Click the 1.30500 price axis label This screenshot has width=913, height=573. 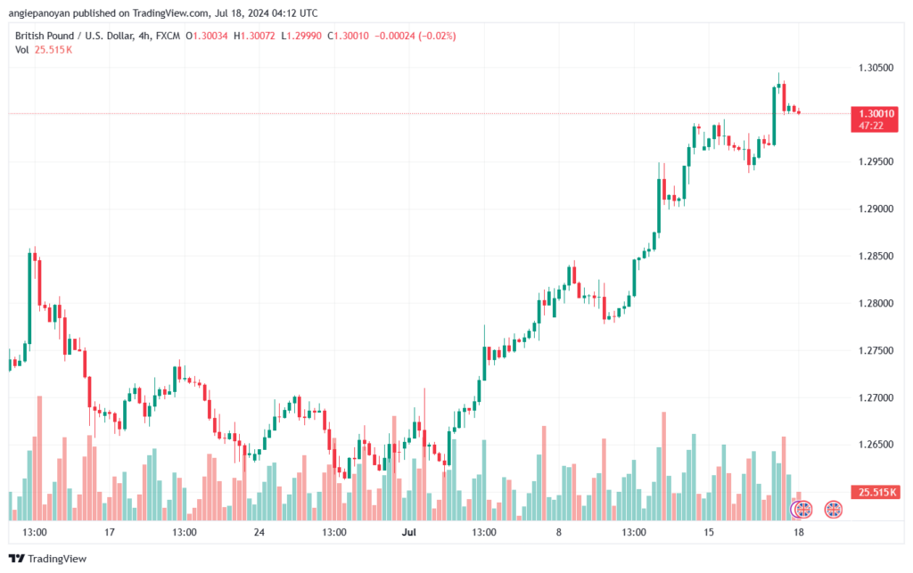(876, 68)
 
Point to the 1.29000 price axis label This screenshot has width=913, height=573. (876, 209)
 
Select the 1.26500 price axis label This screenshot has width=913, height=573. (876, 445)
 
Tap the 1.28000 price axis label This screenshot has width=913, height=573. (876, 303)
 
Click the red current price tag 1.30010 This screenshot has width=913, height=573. (874, 119)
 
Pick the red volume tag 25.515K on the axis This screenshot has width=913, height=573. (876, 493)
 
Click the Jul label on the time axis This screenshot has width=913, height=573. (408, 532)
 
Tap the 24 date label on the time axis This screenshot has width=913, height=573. (259, 532)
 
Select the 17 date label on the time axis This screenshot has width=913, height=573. (109, 532)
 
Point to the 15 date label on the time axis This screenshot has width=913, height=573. (708, 532)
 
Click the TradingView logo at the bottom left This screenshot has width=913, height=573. (48, 559)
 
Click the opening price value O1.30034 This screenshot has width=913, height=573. (207, 36)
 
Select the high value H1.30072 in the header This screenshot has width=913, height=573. (254, 36)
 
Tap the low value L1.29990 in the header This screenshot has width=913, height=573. (301, 36)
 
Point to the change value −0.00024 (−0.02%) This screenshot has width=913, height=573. (415, 36)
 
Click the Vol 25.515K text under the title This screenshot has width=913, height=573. (44, 50)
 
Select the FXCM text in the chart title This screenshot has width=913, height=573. (168, 36)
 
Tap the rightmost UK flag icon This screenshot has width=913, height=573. (834, 510)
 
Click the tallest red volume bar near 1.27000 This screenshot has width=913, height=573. (39, 458)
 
